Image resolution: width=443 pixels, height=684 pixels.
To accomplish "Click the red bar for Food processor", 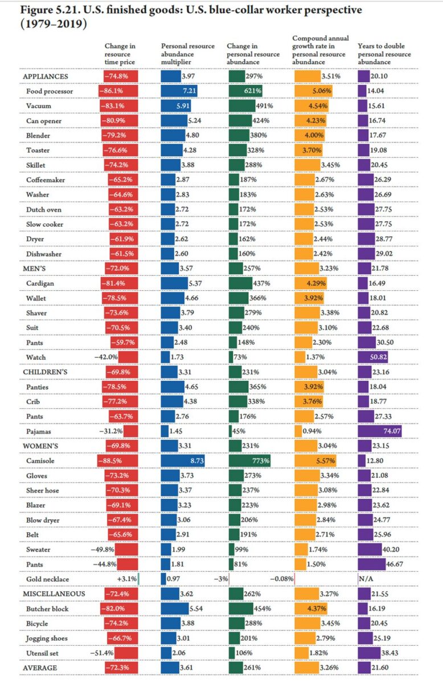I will coord(121,91).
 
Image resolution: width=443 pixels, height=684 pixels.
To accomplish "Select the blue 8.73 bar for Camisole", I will coord(183,461).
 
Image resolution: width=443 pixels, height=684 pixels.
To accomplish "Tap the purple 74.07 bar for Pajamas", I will coord(380,431).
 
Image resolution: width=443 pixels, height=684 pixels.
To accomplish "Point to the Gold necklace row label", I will coord(48,579).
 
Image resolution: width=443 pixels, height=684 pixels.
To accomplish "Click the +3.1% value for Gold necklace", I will coord(126,579).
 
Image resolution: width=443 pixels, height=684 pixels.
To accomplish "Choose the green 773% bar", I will coord(249,461).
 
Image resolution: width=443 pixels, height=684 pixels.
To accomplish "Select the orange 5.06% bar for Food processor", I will coord(314,91).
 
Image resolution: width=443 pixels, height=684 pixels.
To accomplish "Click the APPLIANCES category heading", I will coord(46,76).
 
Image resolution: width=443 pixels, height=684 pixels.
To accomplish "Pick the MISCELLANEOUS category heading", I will coord(54,594).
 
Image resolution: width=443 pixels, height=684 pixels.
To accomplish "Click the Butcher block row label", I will coord(47,609).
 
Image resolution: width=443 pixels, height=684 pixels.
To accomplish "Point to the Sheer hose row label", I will coord(43,490).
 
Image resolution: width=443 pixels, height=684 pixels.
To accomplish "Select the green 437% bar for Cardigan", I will coord(240,283).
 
